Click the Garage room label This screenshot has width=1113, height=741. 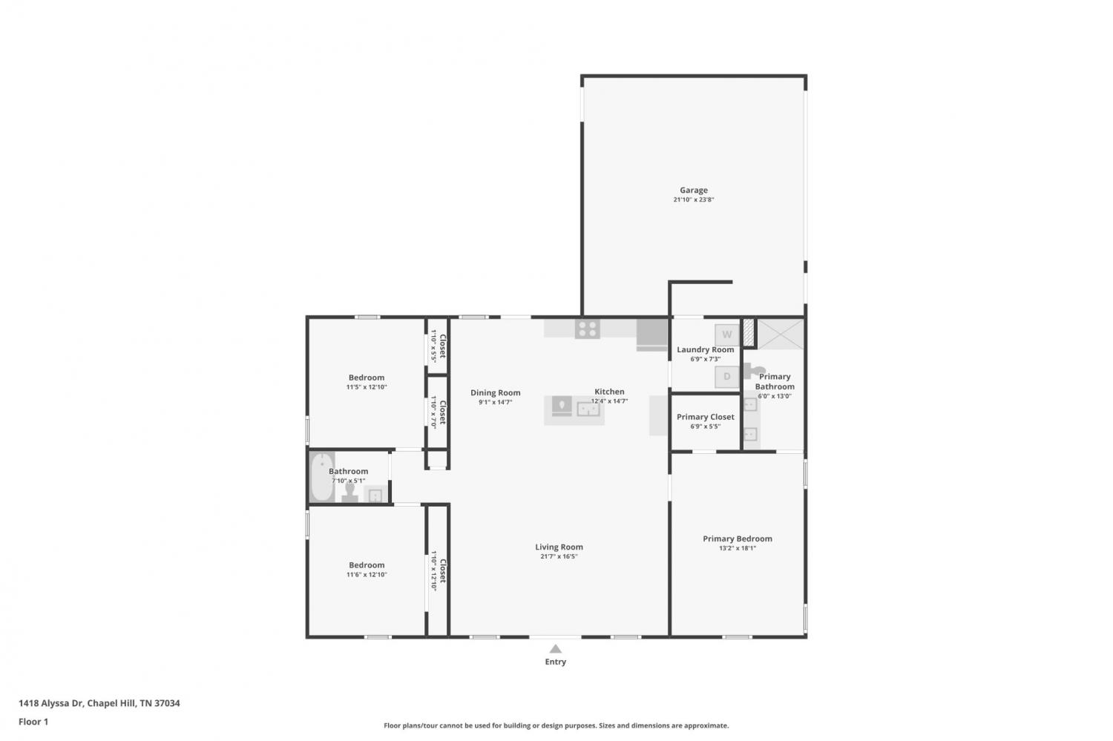click(694, 190)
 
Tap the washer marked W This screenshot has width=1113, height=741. click(727, 335)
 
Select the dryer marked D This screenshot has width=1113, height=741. click(727, 377)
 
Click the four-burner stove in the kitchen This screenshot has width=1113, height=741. click(588, 329)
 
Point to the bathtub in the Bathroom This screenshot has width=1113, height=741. click(322, 477)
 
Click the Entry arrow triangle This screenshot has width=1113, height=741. click(556, 648)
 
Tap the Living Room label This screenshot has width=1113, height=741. click(559, 547)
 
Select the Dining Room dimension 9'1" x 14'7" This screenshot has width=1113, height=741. click(496, 402)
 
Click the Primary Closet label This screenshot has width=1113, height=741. click(705, 417)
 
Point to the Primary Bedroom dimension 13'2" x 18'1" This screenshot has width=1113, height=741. click(738, 548)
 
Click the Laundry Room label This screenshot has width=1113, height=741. click(705, 349)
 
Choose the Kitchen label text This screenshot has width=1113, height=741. click(609, 392)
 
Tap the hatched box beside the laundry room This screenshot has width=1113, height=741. click(749, 333)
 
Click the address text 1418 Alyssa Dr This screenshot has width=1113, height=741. click(52, 703)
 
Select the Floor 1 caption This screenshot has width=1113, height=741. click(33, 722)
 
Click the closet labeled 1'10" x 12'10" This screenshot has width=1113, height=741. click(438, 570)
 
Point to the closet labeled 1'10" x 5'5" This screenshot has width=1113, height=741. click(438, 346)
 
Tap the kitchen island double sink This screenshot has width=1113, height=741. click(588, 409)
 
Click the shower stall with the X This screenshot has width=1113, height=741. click(780, 334)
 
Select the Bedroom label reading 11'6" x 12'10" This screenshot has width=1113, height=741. click(367, 570)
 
